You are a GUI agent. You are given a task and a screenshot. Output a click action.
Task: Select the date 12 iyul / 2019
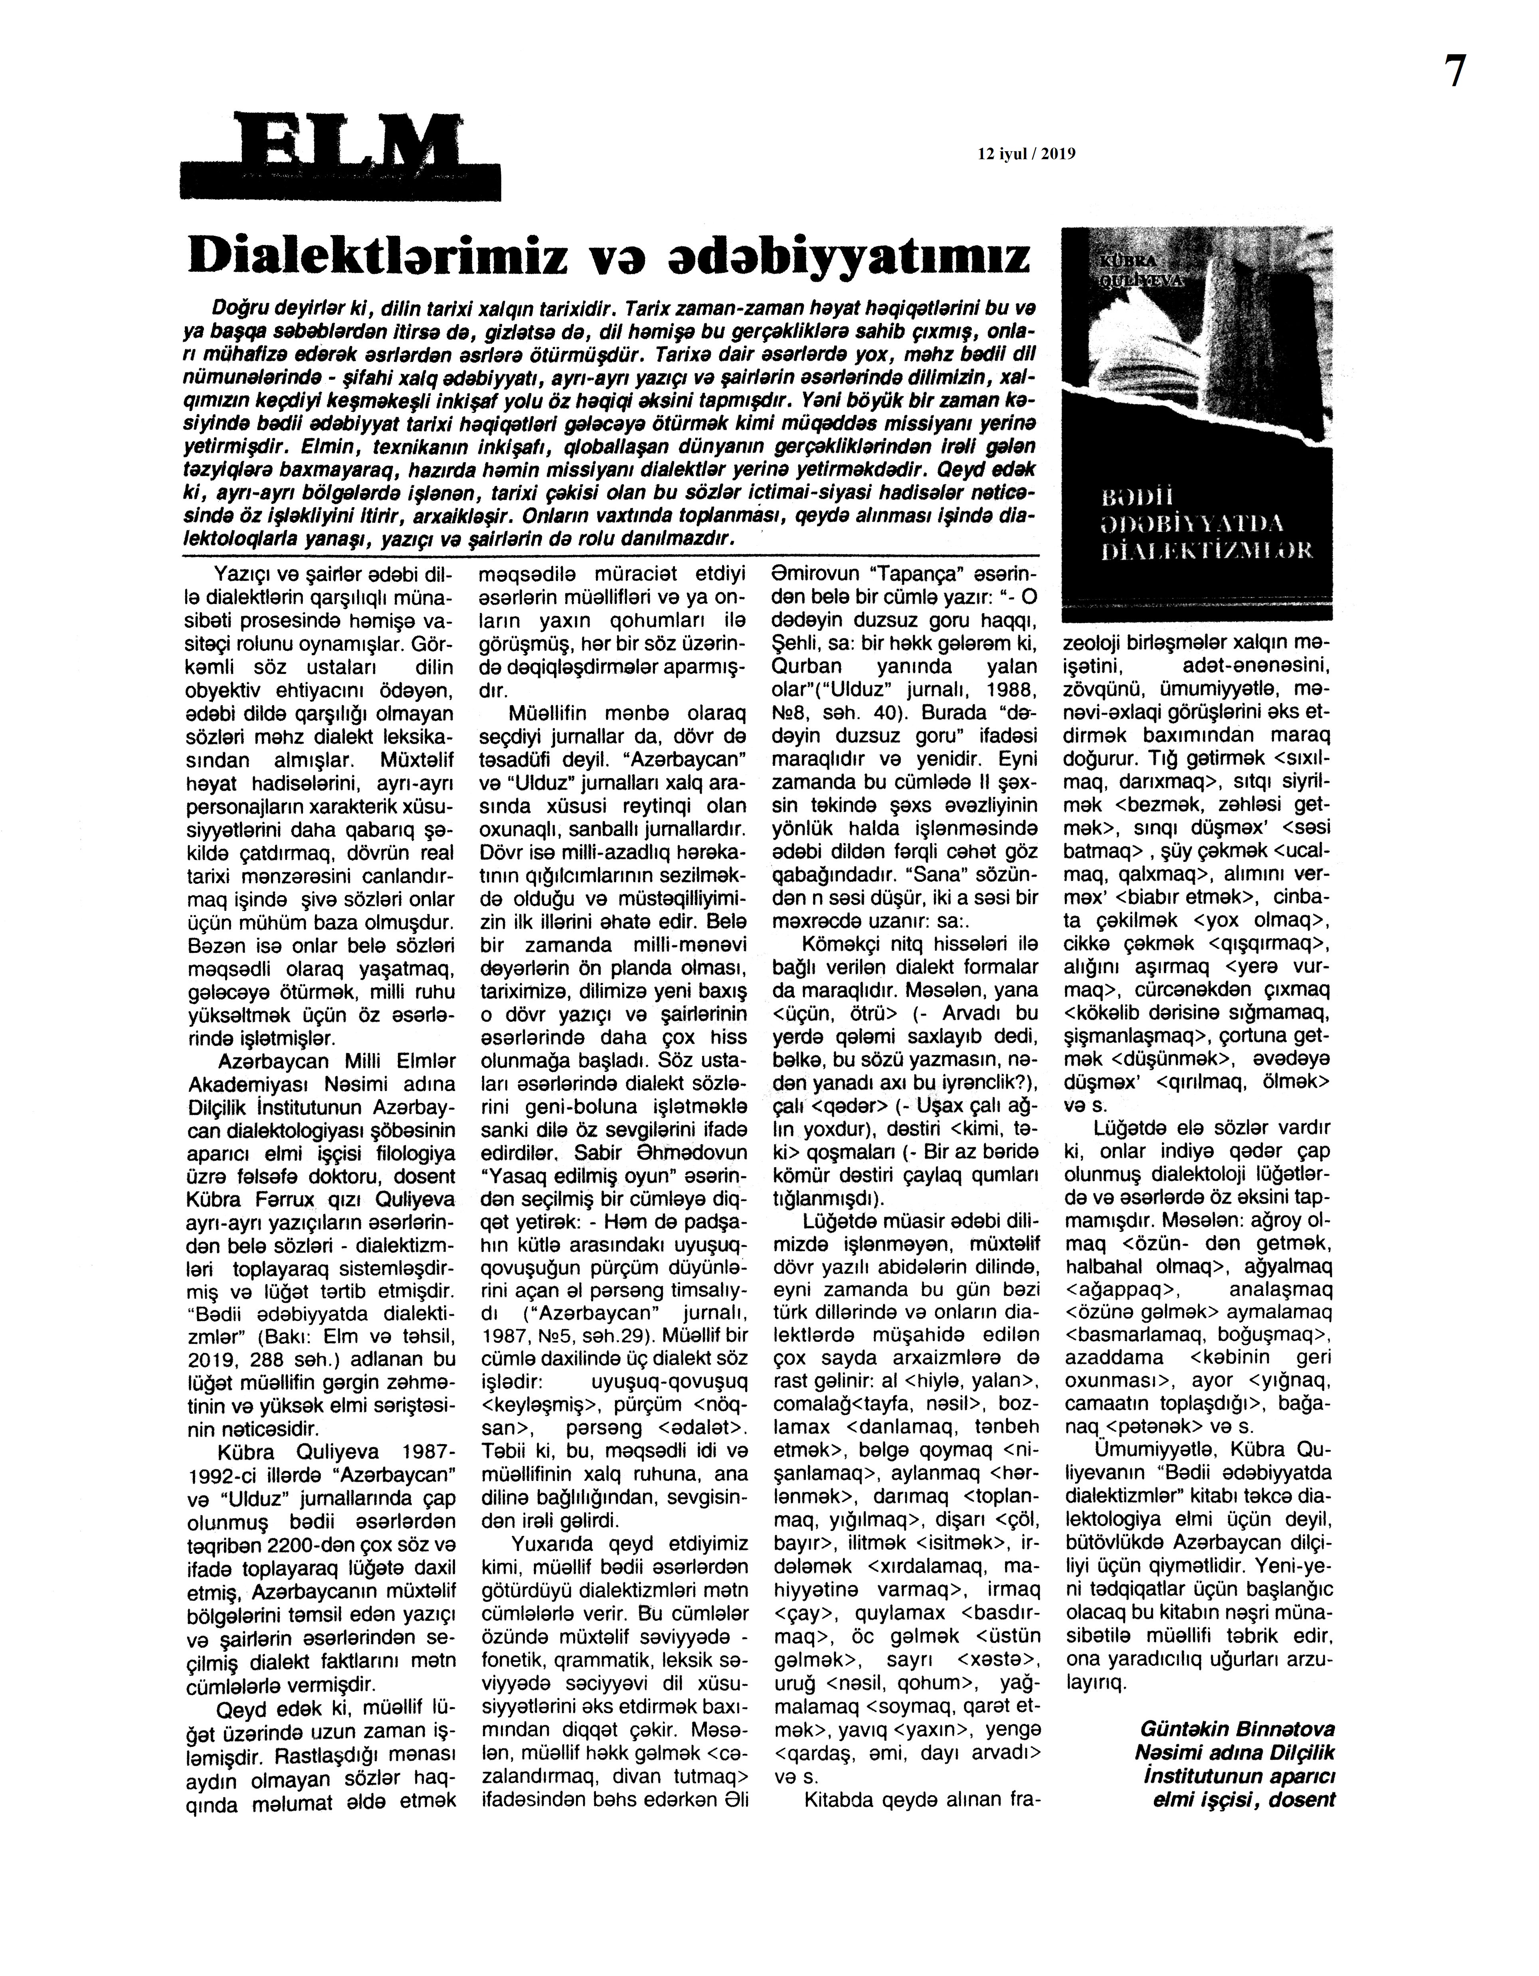(1026, 154)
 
